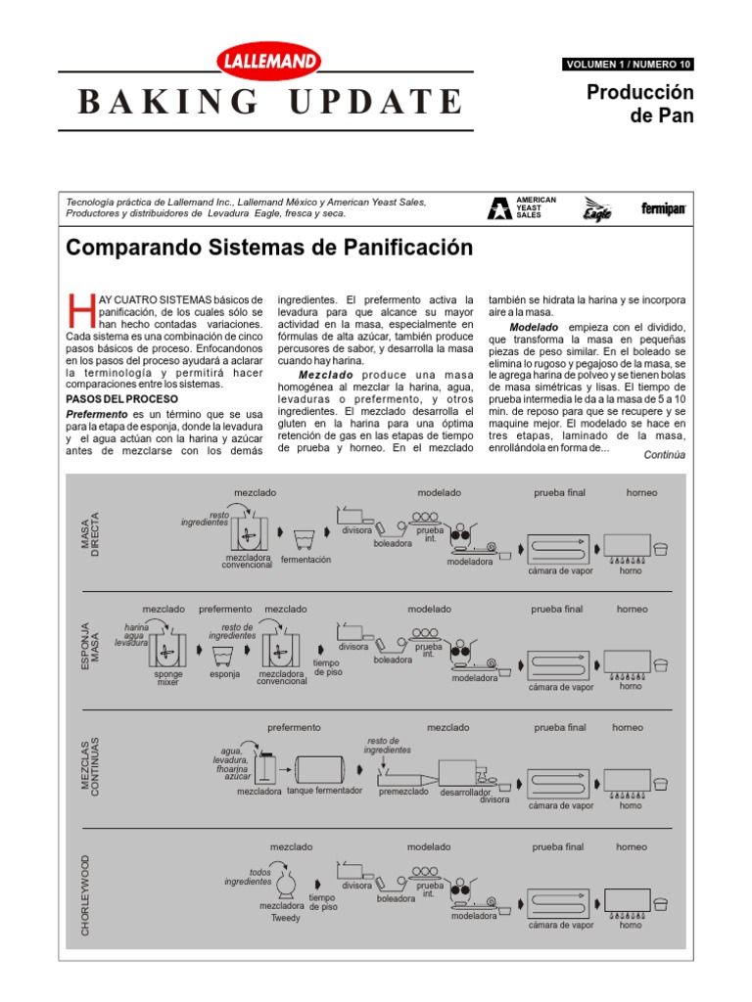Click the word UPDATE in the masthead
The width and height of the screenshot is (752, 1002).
pyautogui.click(x=378, y=101)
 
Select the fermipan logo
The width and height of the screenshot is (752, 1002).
pyautogui.click(x=663, y=208)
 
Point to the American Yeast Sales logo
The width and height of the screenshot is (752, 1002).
pyautogui.click(x=523, y=207)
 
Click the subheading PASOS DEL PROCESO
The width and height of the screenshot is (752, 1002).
pyautogui.click(x=121, y=399)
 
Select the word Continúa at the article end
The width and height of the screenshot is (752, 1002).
pyautogui.click(x=664, y=455)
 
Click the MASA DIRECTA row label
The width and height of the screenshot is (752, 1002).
pyautogui.click(x=89, y=534)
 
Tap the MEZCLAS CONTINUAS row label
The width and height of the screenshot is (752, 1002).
pyautogui.click(x=89, y=766)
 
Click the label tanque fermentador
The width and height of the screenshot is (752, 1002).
pyautogui.click(x=324, y=791)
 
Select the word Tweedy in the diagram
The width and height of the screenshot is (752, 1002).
pyautogui.click(x=286, y=918)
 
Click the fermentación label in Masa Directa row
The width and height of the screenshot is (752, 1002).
pyautogui.click(x=305, y=560)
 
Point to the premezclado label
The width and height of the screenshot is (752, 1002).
pyautogui.click(x=403, y=791)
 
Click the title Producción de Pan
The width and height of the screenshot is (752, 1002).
pyautogui.click(x=640, y=104)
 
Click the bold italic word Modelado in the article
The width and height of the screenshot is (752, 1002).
pyautogui.click(x=534, y=326)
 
